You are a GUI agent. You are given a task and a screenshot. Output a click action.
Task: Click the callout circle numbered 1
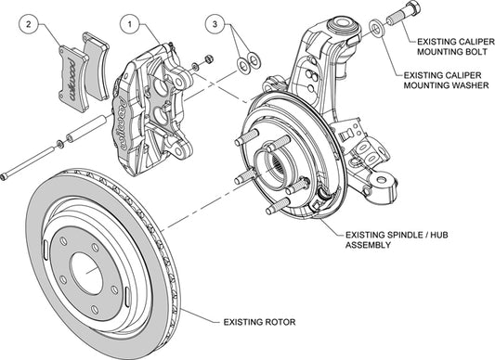click(129, 24)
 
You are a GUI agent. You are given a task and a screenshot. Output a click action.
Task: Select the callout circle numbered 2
click(29, 24)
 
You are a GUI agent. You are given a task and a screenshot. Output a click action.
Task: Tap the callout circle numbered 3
click(215, 24)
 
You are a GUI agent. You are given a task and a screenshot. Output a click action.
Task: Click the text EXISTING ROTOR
click(259, 322)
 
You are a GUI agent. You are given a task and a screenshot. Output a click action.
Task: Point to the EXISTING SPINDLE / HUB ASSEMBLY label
click(397, 239)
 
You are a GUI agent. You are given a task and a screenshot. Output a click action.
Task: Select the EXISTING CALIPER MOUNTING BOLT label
click(456, 46)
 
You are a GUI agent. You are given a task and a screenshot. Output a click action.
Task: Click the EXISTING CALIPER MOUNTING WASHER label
click(446, 80)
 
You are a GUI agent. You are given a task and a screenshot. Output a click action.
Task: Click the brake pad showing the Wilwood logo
click(73, 79)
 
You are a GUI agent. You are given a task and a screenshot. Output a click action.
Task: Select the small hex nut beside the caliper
click(209, 58)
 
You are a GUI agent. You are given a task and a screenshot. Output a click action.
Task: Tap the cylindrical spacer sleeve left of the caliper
click(85, 128)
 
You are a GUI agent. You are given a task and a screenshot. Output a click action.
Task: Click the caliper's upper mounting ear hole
click(179, 82)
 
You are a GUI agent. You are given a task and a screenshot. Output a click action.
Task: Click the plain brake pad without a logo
click(96, 66)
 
